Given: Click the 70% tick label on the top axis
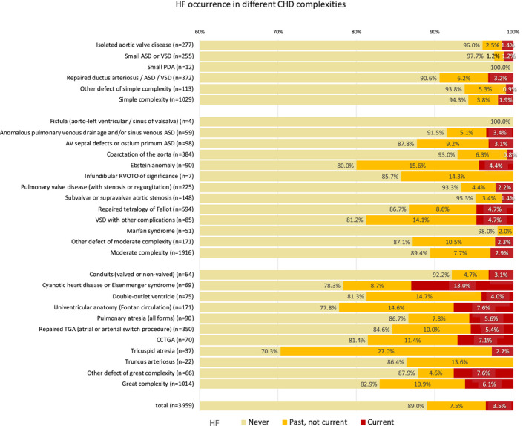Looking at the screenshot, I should (277, 31).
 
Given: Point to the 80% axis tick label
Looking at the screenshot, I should (356, 31).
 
